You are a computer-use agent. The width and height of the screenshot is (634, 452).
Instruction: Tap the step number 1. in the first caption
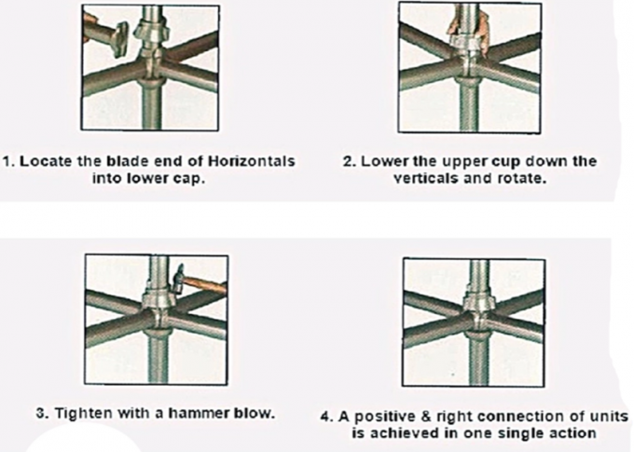coord(9,161)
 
